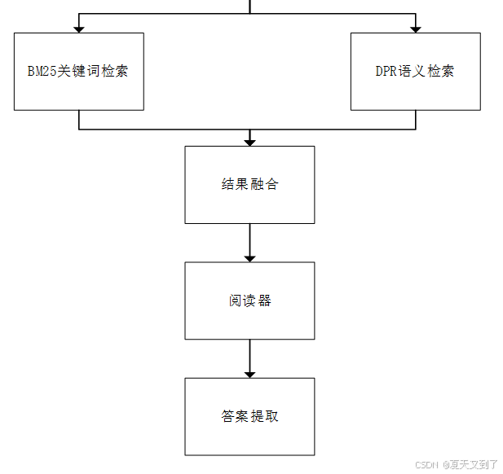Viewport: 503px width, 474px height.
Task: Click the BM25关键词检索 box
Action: click(78, 90)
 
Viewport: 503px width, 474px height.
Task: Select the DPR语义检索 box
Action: click(414, 90)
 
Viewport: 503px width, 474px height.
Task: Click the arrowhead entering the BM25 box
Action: click(79, 29)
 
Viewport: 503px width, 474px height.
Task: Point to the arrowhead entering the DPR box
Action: click(416, 29)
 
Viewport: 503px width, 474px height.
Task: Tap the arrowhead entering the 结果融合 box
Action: click(249, 142)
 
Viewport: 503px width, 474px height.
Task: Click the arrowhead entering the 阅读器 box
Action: click(249, 257)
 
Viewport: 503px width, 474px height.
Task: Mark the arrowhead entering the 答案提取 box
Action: click(249, 373)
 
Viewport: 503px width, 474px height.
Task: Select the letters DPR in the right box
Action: click(386, 71)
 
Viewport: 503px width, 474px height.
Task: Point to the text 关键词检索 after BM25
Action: click(94, 71)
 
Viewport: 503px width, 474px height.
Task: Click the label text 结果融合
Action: click(249, 184)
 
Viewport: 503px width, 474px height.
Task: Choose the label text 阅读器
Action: click(249, 301)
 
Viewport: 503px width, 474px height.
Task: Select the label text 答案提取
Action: click(249, 416)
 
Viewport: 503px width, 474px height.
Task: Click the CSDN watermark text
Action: click(427, 464)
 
